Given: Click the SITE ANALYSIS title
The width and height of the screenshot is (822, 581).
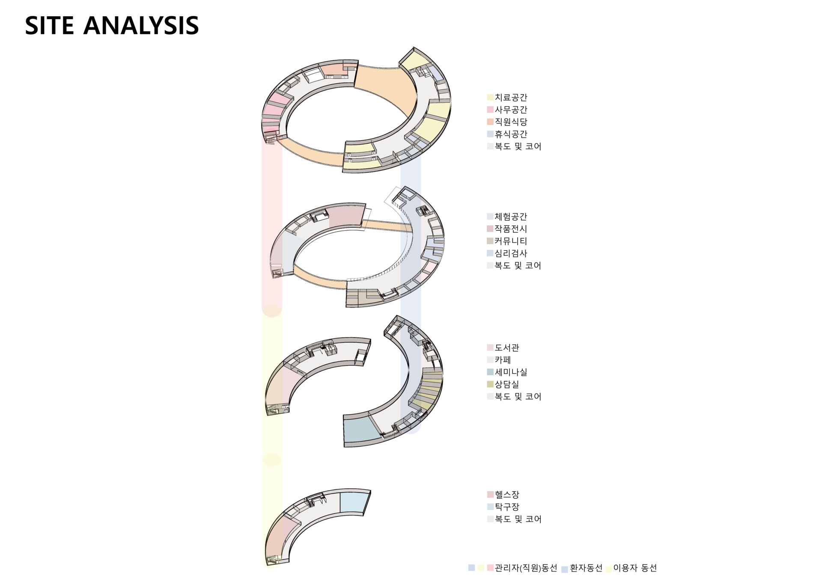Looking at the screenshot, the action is pos(112,25).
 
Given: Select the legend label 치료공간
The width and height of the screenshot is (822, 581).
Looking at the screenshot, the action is pos(511,98).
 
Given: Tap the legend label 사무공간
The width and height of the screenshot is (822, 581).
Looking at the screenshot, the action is pos(511,110).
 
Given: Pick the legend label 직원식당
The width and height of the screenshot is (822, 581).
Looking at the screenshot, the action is pos(511,122).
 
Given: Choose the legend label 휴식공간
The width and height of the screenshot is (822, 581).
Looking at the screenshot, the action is pos(511,134).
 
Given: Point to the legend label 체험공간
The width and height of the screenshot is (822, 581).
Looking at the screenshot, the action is pos(511,217).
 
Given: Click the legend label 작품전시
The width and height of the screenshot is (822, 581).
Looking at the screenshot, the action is pos(511,229).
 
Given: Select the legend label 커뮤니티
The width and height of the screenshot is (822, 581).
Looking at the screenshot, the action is pos(511,241).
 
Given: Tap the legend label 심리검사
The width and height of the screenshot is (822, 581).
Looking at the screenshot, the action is pos(511,253).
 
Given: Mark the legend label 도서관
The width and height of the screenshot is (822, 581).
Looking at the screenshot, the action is pos(507,348).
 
